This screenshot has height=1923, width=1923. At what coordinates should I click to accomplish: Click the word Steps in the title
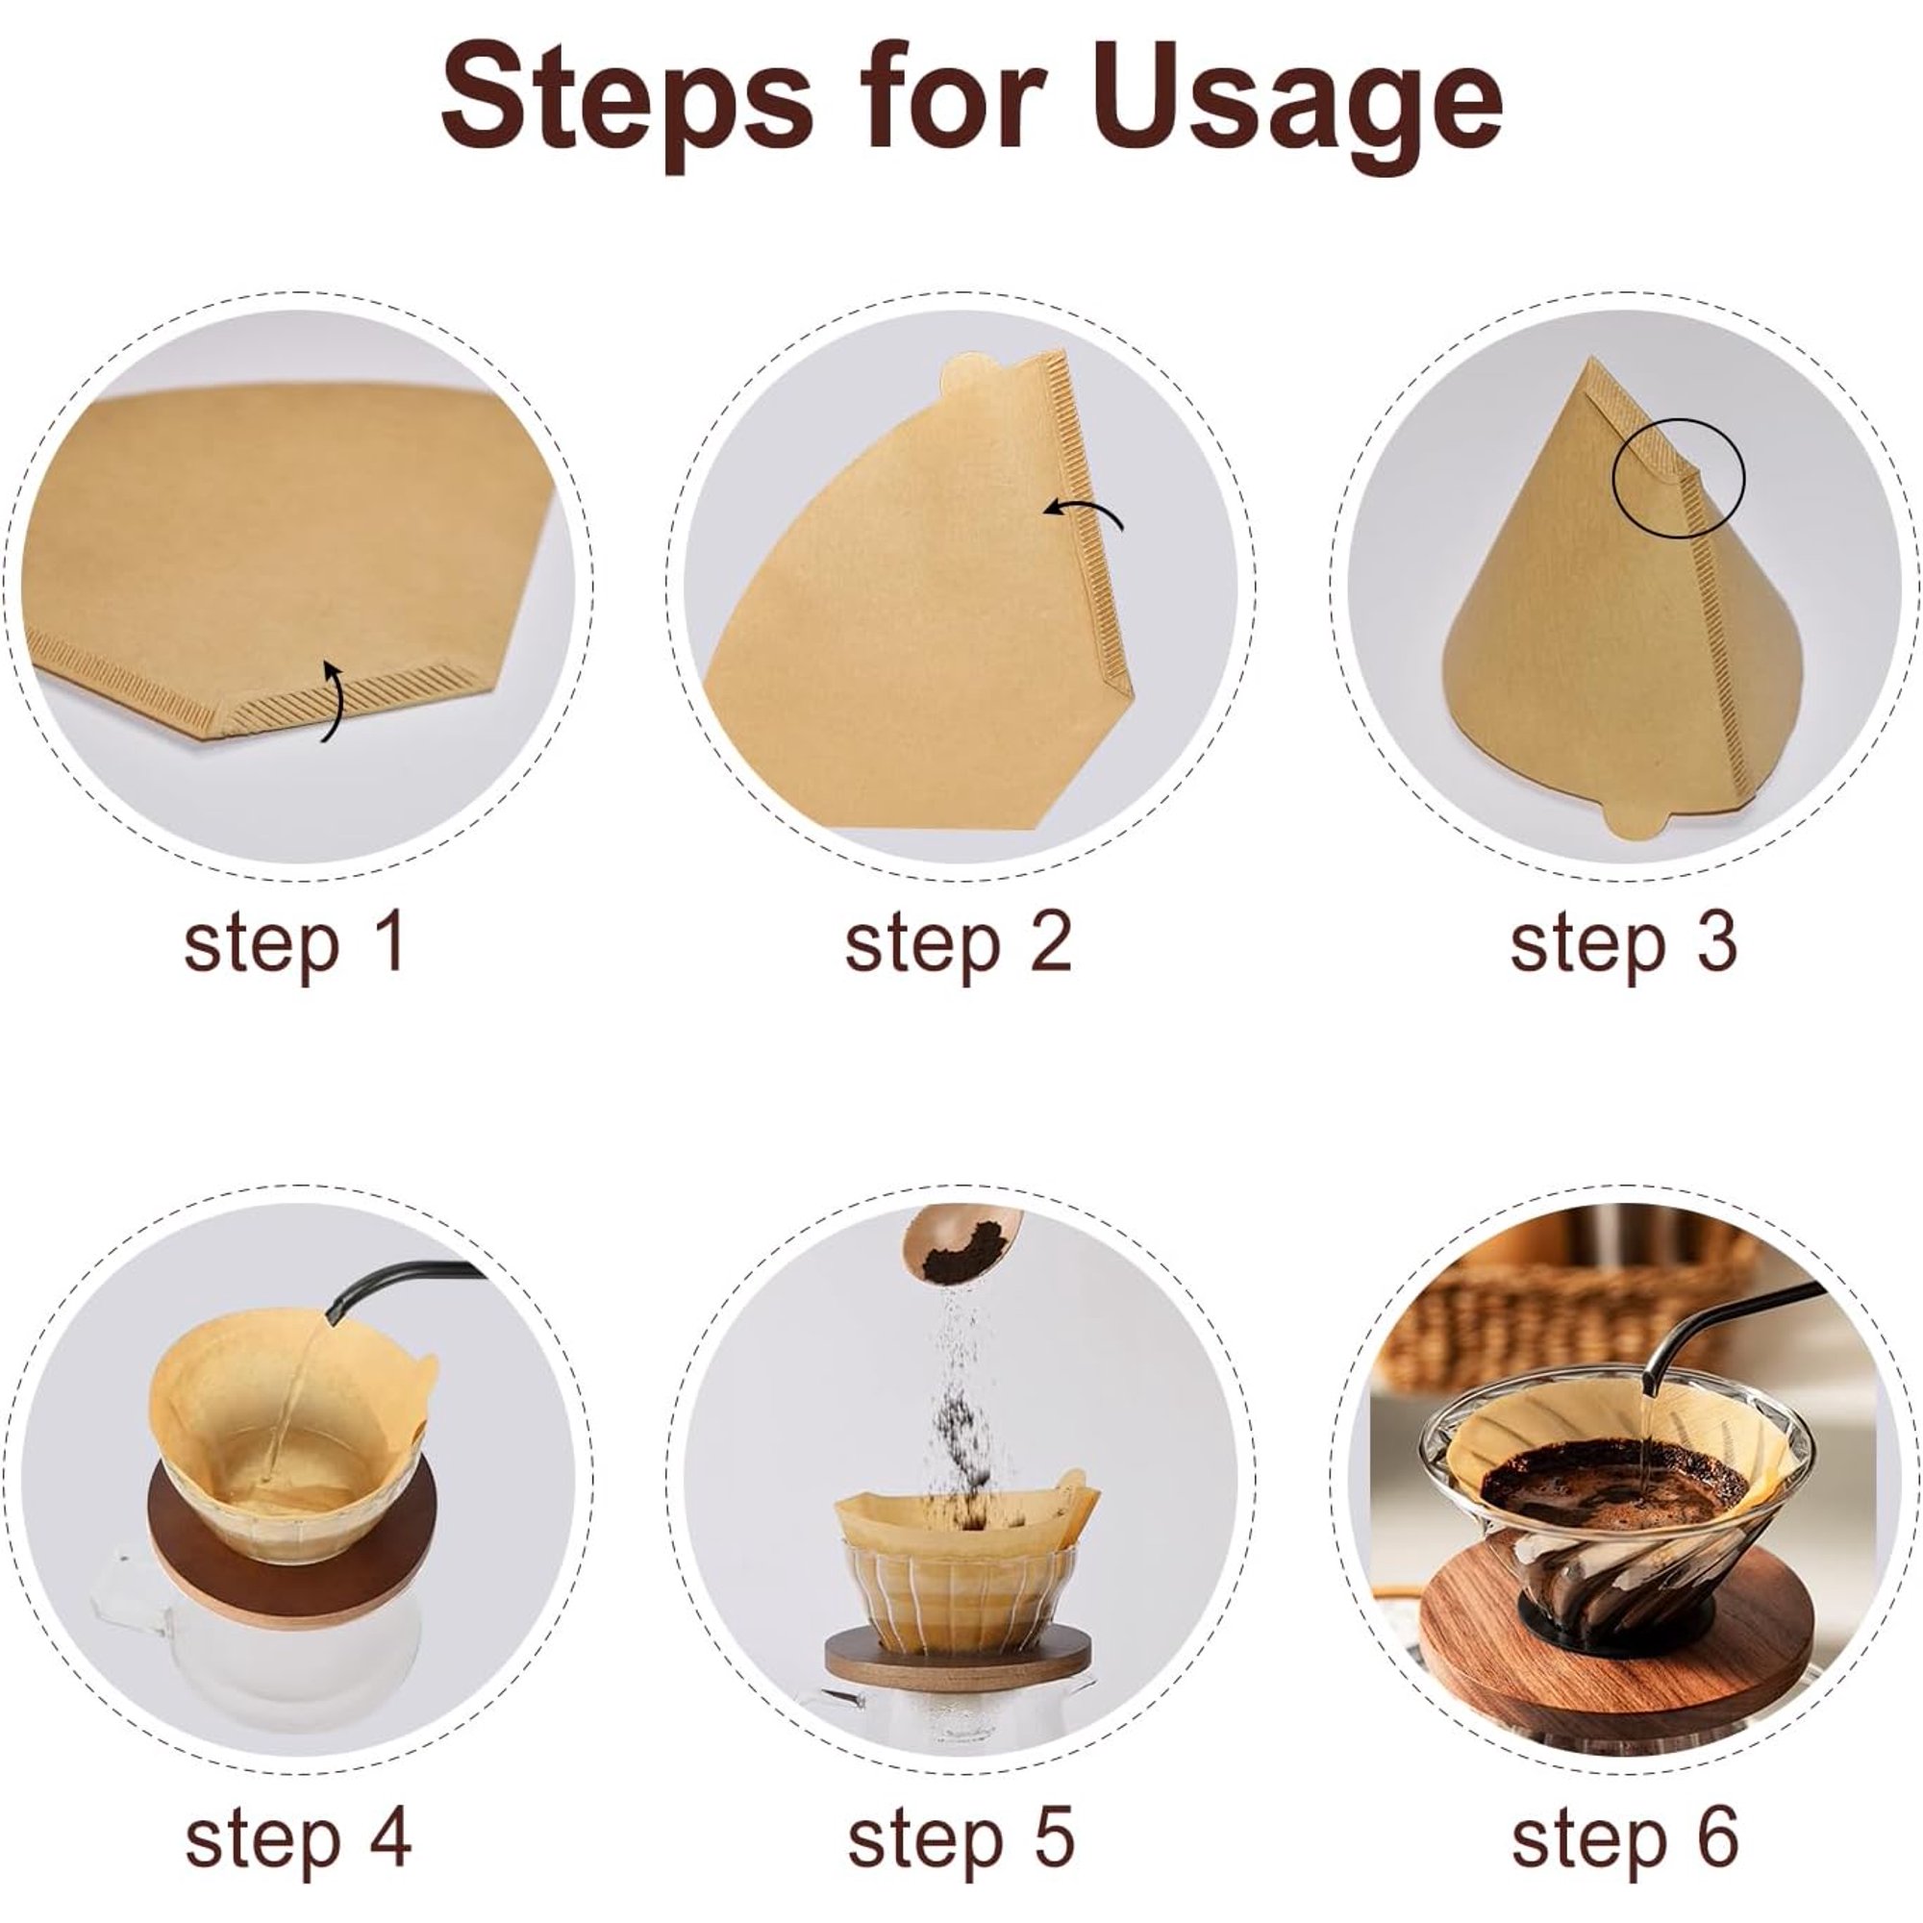click(x=626, y=97)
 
